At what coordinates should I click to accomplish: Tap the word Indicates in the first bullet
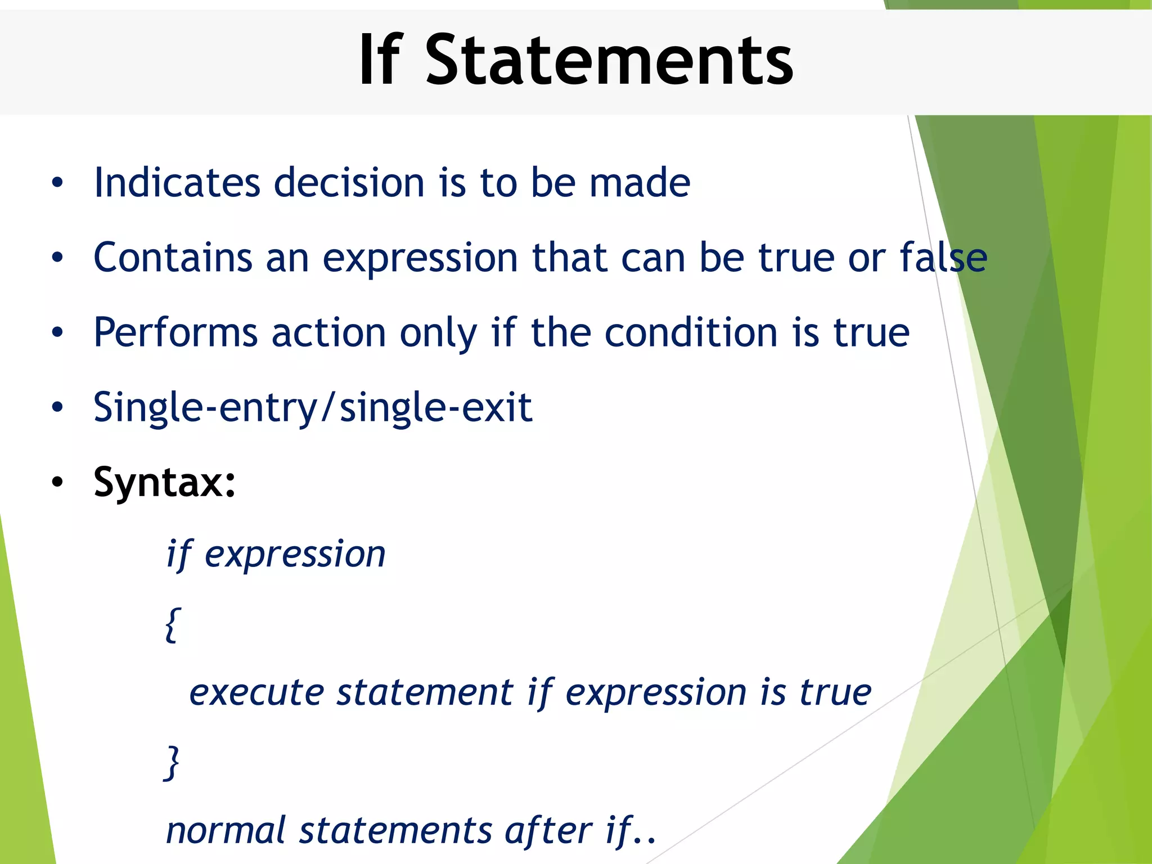[x=177, y=183]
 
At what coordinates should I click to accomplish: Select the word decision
[x=349, y=183]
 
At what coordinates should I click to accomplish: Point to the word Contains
[x=173, y=258]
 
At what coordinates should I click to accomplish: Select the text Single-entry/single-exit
[x=313, y=408]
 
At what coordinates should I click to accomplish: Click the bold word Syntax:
[x=164, y=483]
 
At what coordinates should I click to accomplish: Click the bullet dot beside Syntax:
[x=57, y=483]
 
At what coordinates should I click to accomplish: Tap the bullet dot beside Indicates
[x=57, y=183]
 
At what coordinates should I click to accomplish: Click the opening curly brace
[x=173, y=624]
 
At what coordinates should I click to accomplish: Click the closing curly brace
[x=172, y=762]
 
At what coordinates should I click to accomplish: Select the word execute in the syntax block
[x=256, y=693]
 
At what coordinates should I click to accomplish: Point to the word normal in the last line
[x=226, y=831]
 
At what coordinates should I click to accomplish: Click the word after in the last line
[x=548, y=831]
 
